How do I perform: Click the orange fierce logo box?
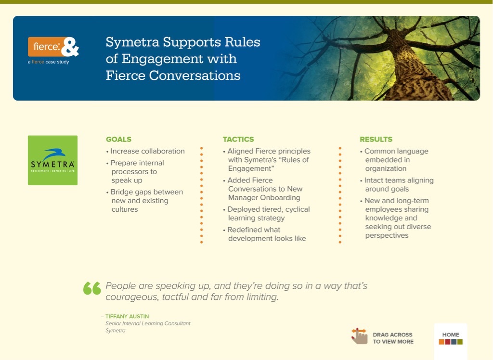[x=45, y=47]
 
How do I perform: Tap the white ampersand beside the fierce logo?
[x=70, y=47]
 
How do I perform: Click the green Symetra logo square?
[x=52, y=160]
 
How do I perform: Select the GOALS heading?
[x=118, y=140]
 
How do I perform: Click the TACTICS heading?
[x=238, y=140]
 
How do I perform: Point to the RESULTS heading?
[x=376, y=140]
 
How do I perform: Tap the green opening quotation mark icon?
[x=92, y=288]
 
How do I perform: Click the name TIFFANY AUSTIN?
[x=127, y=317]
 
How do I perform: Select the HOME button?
[x=451, y=338]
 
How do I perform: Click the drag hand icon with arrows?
[x=359, y=336]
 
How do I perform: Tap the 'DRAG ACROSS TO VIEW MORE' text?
[x=392, y=338]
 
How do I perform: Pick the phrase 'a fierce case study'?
[x=48, y=62]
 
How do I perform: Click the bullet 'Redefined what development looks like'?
[x=266, y=234]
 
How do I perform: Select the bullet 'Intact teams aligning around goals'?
[x=398, y=185]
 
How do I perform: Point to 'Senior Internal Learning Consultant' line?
[x=148, y=323]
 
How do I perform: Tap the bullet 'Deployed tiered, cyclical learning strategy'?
[x=268, y=214]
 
